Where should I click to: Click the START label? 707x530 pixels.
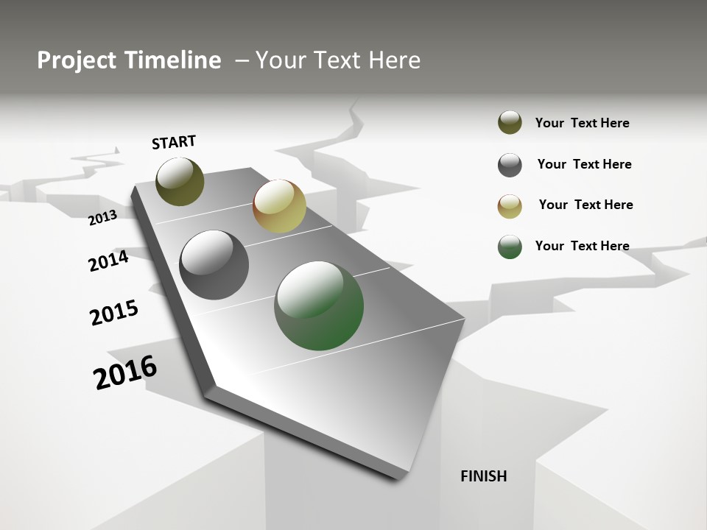pos(174,142)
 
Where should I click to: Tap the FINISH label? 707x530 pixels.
pos(483,476)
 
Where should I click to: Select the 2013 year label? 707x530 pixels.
pos(103,217)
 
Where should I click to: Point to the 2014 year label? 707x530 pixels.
pos(108,261)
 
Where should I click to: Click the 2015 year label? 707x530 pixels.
pos(114,313)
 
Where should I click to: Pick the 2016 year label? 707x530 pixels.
pos(125,372)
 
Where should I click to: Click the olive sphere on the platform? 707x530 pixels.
pos(180,181)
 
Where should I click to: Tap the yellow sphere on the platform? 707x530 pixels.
pos(279,206)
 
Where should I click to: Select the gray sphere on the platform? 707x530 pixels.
pos(214,265)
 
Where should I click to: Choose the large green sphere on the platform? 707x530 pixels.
pos(319,305)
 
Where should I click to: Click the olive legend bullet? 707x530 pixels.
pos(510,123)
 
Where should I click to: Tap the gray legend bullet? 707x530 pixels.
pos(510,165)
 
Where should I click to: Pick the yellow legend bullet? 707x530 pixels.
pos(510,206)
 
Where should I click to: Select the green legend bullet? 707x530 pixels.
pos(510,247)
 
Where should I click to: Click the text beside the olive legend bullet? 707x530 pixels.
pos(582,123)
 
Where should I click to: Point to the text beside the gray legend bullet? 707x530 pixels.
pos(584,164)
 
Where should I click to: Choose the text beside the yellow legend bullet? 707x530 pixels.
pos(585,205)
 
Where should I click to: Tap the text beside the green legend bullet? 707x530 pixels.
pos(582,246)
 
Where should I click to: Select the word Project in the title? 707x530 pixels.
pos(77,60)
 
